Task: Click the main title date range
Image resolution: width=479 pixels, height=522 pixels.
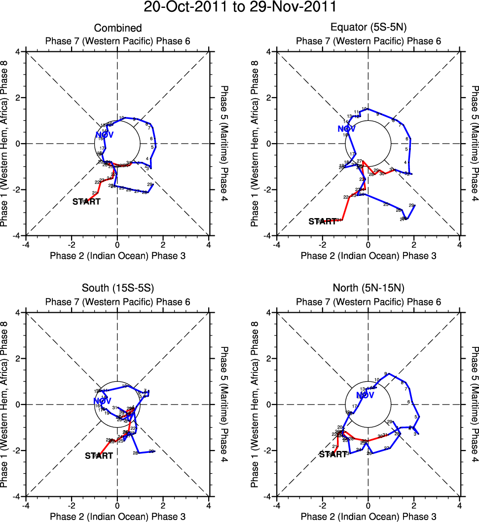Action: coord(240,7)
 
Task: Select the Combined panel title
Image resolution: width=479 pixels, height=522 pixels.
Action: coord(118,28)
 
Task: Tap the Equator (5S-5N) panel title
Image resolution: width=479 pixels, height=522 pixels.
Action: coord(368,28)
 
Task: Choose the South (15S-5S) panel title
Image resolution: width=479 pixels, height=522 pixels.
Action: coord(118,289)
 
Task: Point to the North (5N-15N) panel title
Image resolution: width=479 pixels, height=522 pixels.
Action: coord(368,289)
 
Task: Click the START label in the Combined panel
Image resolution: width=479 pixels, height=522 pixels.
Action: coord(86,202)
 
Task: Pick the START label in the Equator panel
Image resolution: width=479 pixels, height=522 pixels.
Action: coord(322,222)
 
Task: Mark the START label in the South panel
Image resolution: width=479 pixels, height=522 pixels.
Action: coord(99,456)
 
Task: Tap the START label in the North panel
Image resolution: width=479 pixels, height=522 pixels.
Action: coord(333,454)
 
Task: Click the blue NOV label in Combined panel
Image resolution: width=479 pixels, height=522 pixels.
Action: coord(105,135)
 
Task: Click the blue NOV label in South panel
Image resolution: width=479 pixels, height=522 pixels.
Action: coord(102,401)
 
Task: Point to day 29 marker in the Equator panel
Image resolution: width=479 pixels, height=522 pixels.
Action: coord(411,205)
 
